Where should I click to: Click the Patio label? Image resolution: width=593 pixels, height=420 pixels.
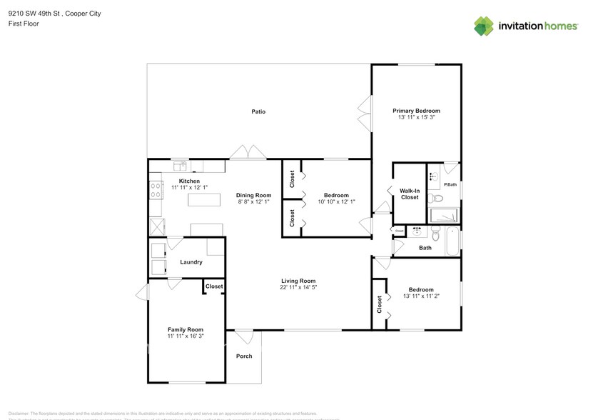click(258, 111)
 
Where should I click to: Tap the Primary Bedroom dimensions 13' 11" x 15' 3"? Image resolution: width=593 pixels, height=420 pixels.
click(416, 118)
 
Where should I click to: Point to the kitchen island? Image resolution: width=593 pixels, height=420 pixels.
click(204, 199)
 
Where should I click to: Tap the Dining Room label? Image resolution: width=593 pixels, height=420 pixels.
click(254, 195)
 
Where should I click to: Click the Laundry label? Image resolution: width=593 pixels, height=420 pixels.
click(191, 262)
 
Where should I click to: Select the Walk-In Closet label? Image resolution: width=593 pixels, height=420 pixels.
click(409, 194)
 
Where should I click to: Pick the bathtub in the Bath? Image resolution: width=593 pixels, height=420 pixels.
click(452, 242)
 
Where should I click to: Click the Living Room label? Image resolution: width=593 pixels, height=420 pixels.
click(298, 281)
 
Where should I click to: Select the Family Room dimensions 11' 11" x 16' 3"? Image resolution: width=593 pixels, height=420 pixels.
click(186, 336)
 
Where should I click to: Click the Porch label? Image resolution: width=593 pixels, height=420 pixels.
click(244, 356)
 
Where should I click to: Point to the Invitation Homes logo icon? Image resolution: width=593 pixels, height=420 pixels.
click(485, 26)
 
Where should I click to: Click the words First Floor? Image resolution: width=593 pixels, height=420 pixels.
click(24, 24)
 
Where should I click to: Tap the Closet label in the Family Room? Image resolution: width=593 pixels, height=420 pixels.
click(214, 286)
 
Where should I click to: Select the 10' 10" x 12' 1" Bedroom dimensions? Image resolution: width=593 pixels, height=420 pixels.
click(336, 202)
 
